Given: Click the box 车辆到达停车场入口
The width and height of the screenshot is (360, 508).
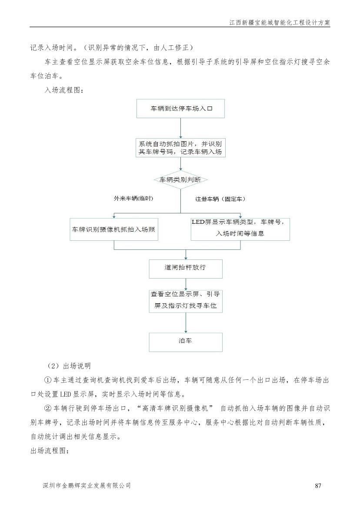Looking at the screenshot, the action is tap(180, 109).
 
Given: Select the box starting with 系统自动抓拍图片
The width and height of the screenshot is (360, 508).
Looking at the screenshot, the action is tap(180, 148).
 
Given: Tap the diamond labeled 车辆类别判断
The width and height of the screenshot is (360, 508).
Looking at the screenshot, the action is tap(180, 180).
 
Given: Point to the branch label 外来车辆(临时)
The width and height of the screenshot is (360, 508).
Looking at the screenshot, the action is tap(133, 199).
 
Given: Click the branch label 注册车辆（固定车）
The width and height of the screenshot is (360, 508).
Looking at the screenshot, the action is tap(220, 199).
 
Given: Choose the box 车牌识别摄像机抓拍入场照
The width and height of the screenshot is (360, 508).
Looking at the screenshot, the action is tap(114, 229).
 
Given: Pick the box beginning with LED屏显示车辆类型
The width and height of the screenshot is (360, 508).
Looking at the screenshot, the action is tap(240, 229).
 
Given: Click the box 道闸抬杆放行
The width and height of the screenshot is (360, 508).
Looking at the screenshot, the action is tap(186, 269).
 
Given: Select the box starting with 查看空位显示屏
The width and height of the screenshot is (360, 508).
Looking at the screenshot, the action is tap(186, 301).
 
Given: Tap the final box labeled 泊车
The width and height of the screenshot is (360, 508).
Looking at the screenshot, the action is tap(186, 342).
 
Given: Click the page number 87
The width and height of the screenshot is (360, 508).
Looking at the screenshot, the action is tap(318, 485).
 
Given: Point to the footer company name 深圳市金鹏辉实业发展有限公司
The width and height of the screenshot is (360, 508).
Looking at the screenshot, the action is tap(87, 485).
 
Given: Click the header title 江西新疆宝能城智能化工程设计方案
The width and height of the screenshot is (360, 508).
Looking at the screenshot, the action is tap(280, 23).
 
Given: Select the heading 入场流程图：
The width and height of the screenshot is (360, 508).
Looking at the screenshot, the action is tap(64, 90).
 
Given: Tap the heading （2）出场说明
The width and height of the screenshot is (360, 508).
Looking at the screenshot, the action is tap(69, 366).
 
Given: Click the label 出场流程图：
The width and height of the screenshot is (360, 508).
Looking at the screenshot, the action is tap(50, 451).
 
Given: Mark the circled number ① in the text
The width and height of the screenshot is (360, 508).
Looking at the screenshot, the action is tap(48, 380).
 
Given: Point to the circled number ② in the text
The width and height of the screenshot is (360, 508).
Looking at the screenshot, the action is tap(48, 408).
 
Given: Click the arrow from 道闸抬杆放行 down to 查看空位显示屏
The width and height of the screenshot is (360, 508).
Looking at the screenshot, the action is tap(186, 284).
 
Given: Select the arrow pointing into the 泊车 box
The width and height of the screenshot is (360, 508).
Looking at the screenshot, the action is tap(186, 323).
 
